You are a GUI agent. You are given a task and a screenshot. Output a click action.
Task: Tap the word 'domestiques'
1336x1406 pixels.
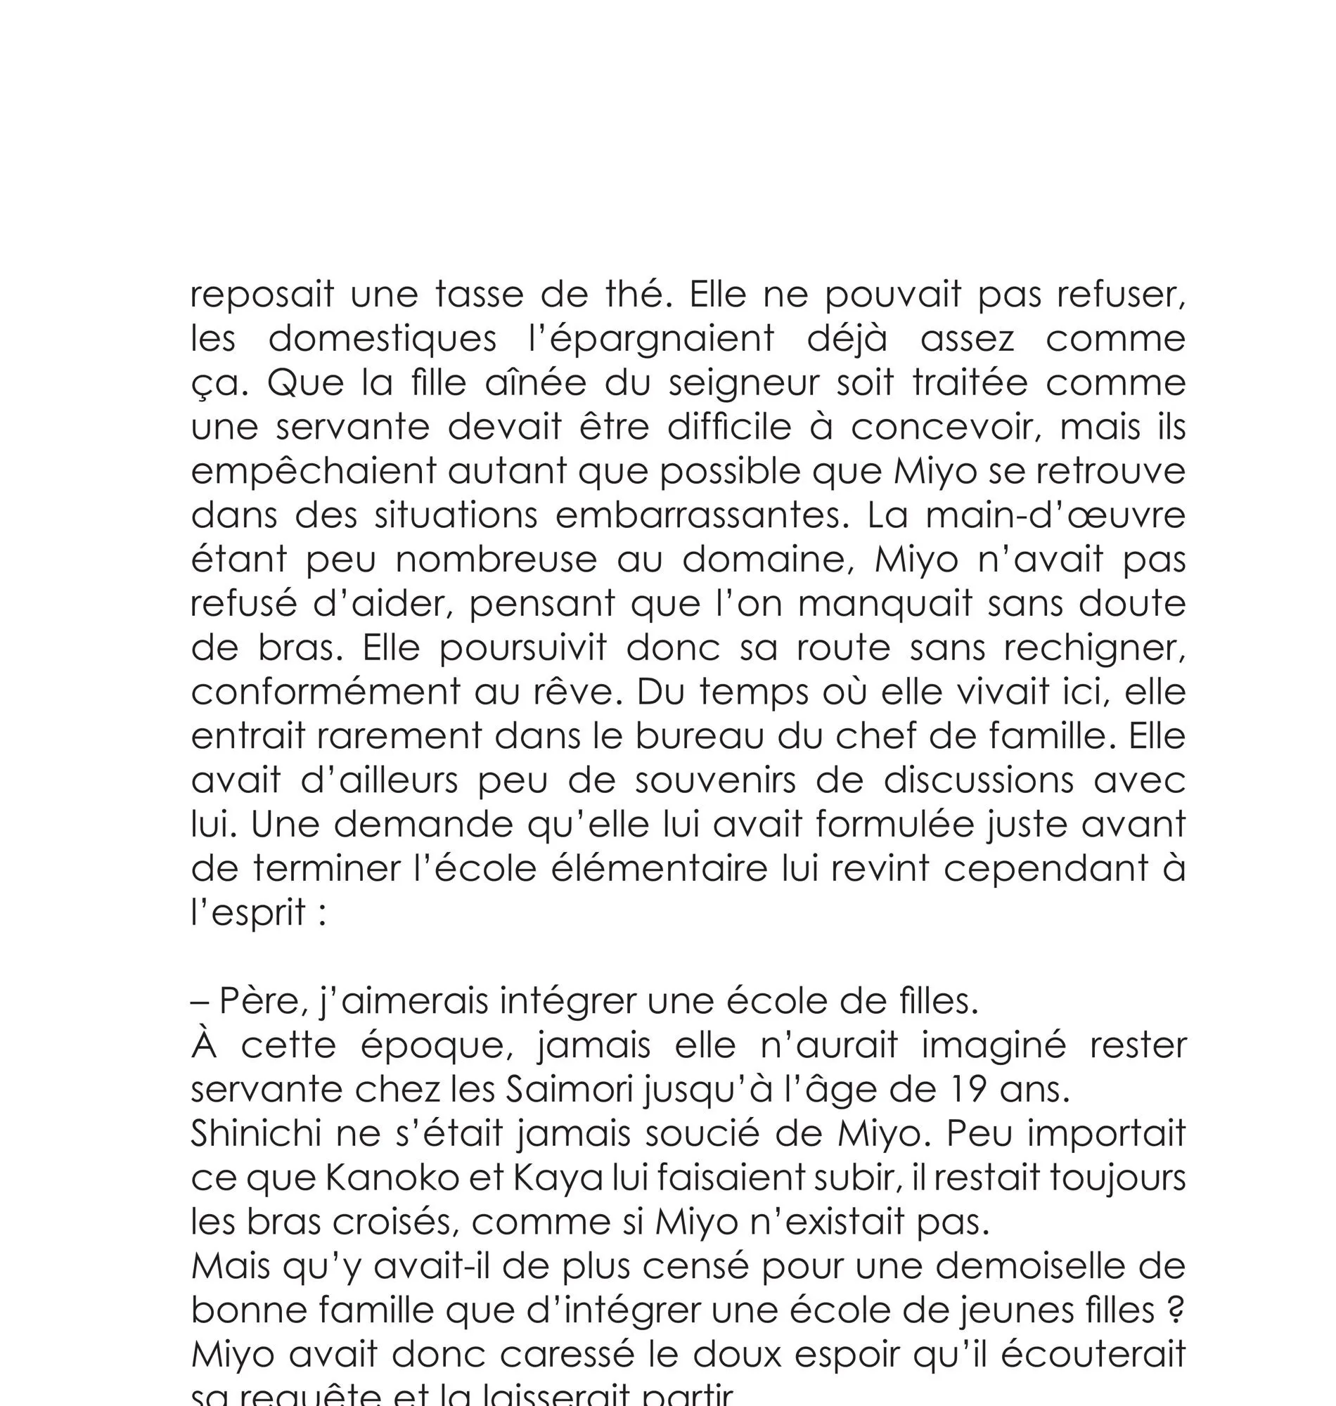(383, 338)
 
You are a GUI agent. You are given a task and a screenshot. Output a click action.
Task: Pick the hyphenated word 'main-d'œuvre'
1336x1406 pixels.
(1055, 515)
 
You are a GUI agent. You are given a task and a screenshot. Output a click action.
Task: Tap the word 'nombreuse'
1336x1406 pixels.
(496, 560)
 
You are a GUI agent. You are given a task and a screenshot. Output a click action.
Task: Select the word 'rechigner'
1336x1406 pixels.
(1094, 649)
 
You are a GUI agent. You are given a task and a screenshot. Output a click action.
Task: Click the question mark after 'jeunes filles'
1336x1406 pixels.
(1177, 1310)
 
